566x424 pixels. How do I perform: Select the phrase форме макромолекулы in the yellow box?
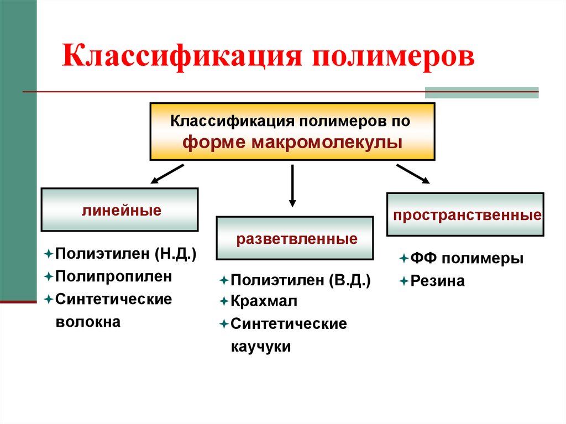[x=292, y=142]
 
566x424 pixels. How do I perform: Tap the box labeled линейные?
[x=119, y=210]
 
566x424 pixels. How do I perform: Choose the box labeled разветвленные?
[x=294, y=239]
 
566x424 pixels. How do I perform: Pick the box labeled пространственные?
[x=465, y=214]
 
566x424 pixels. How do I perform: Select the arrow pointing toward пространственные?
[x=412, y=173]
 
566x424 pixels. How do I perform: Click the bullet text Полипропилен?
[x=113, y=275]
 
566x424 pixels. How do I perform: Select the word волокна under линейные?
[x=87, y=321]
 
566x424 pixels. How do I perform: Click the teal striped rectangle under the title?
[x=481, y=92]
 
